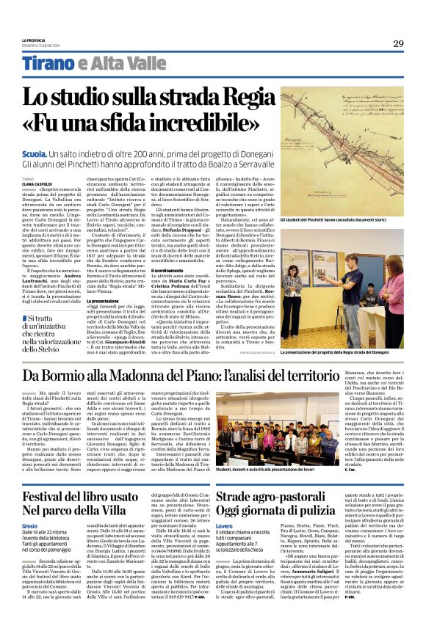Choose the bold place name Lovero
coord(225,526)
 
